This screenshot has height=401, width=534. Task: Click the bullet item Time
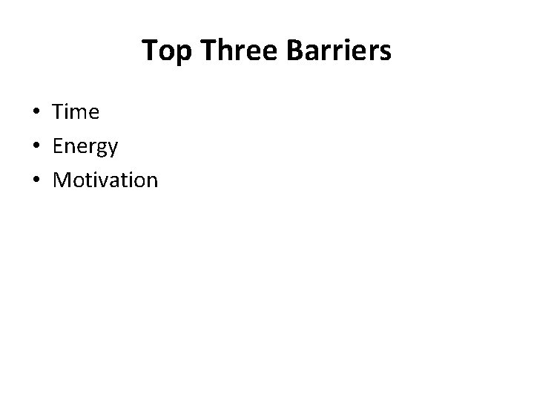pos(76,112)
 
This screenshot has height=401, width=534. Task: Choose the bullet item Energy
pos(85,147)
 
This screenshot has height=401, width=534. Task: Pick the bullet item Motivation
pos(105,180)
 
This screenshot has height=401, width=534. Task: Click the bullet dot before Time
pos(36,113)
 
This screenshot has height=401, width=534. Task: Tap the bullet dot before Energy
pos(36,146)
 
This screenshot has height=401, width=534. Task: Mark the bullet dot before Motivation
pos(36,180)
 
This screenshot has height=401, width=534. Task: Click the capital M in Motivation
pos(62,180)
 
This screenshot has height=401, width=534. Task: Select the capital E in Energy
pos(58,146)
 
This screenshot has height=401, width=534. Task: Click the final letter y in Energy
pos(112,149)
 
